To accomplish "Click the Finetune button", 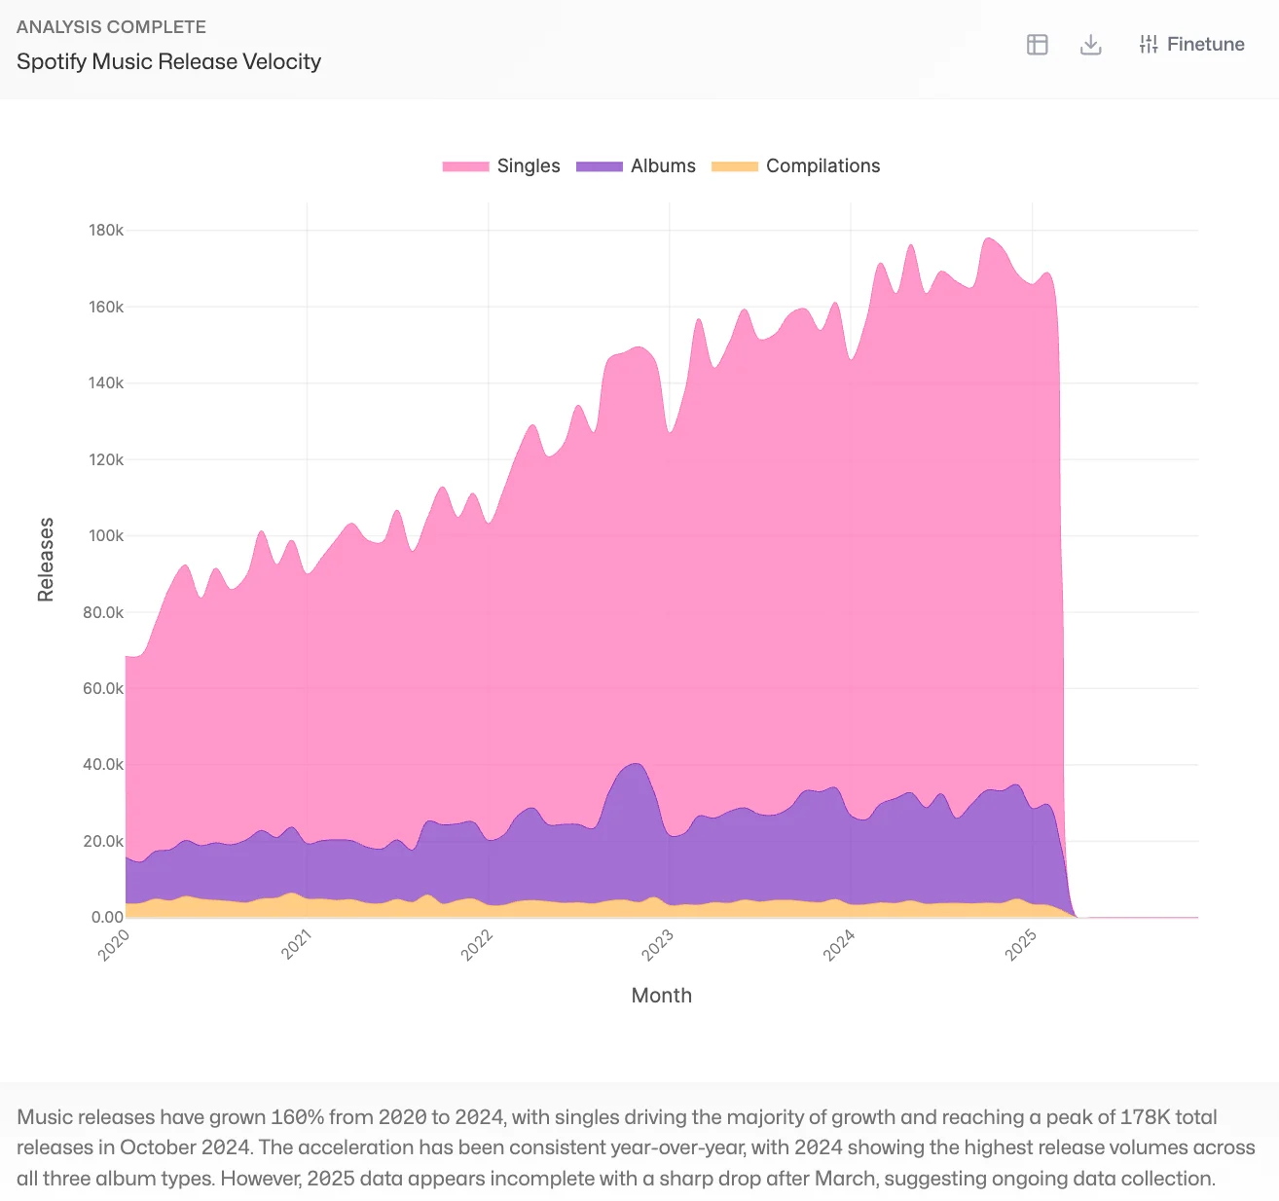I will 1191,44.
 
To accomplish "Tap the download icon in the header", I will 1091,45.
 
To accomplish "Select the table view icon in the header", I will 1038,45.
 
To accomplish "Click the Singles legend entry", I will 501,165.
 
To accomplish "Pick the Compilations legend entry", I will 795,165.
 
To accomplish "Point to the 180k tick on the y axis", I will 106,231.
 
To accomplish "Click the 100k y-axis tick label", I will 106,536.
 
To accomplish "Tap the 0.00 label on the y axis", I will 107,917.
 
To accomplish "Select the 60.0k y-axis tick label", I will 103,688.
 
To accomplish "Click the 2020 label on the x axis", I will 115,945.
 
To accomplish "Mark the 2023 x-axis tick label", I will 658,945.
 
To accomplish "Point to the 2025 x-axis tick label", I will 1021,945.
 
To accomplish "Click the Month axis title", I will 662,996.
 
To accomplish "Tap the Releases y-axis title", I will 46,560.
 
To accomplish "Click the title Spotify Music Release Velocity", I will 168,61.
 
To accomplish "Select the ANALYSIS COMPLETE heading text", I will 111,27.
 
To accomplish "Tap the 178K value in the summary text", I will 1145,1117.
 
